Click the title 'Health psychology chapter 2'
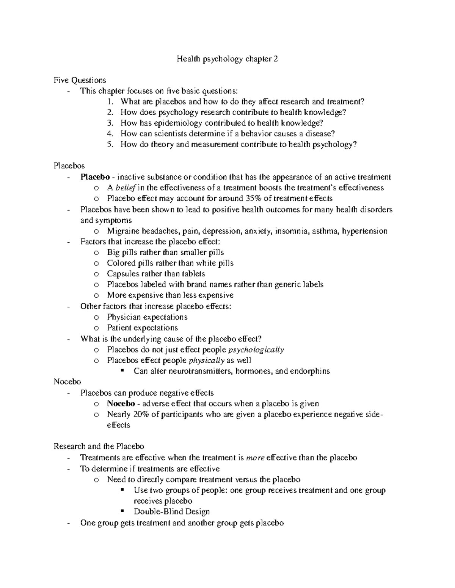click(227, 59)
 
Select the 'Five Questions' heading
click(80, 80)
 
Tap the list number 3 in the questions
click(110, 123)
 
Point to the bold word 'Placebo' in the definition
click(95, 177)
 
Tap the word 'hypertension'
click(364, 231)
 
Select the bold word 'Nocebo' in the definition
click(121, 404)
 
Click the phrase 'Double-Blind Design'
click(171, 512)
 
